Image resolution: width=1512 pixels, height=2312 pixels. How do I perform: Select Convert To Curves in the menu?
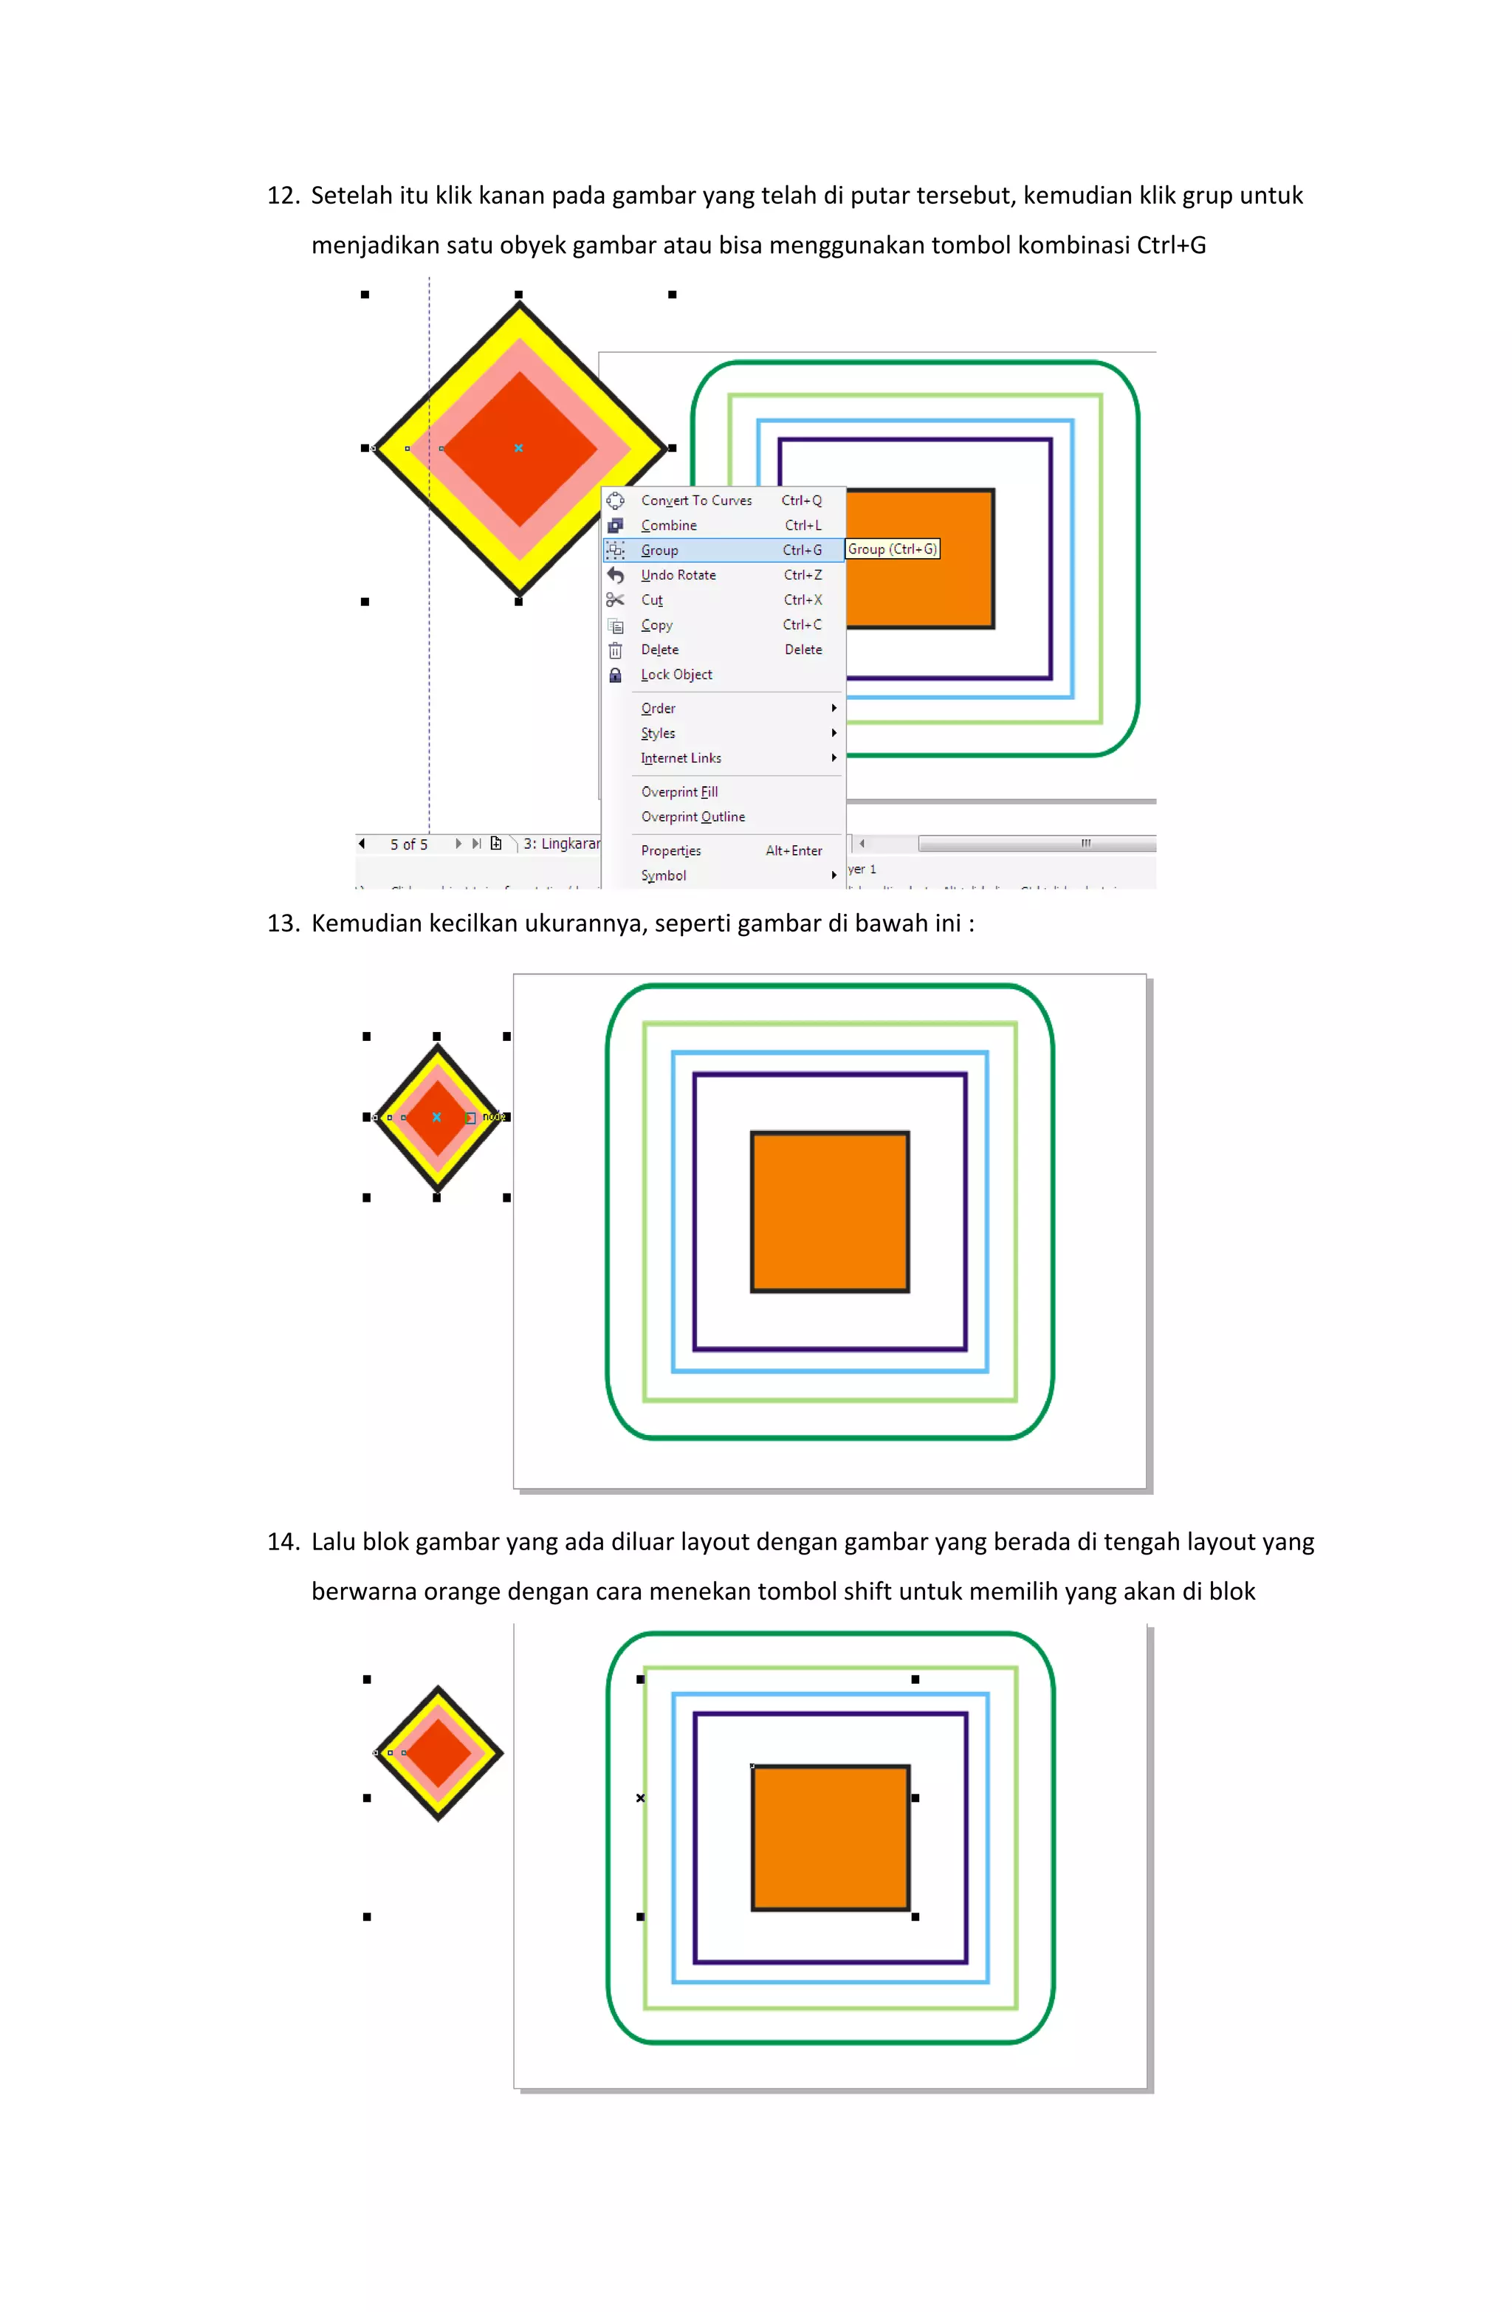695,500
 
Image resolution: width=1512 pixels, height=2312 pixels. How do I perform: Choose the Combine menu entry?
669,526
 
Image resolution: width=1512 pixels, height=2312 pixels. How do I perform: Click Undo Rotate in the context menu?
678,575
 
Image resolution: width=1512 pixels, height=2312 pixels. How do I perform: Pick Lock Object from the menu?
676,674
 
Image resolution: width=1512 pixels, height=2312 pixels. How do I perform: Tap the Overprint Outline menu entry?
693,817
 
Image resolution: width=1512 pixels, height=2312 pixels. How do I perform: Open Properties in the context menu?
670,851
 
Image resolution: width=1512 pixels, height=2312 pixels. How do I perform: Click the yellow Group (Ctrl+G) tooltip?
892,549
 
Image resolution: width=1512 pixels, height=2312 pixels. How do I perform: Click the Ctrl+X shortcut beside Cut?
803,599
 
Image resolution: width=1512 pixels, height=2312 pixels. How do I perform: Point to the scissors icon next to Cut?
615,599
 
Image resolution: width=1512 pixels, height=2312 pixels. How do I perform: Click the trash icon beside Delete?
615,650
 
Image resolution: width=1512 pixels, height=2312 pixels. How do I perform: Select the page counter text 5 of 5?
409,844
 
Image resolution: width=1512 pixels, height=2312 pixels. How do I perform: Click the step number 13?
282,923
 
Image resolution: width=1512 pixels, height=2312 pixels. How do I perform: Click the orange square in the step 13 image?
830,1211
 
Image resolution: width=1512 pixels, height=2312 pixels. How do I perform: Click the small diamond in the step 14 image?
439,1752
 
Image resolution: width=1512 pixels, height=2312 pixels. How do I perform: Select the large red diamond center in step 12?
519,448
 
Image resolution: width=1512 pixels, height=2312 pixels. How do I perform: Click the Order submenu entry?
658,708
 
